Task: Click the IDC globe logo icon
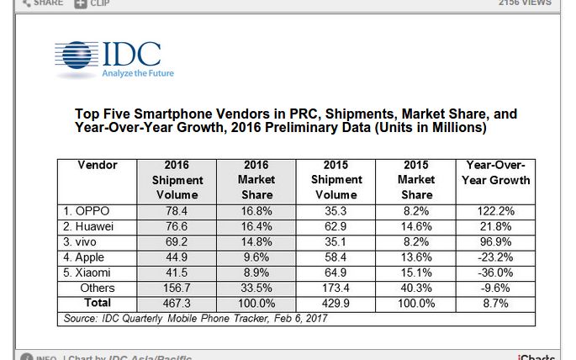(x=77, y=56)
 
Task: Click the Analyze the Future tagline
(x=137, y=74)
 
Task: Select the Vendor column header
(x=97, y=165)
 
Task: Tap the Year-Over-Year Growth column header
(x=496, y=172)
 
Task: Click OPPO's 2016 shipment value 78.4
(x=177, y=210)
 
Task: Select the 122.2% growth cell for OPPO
(x=496, y=210)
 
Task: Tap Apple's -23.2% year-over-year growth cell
(x=496, y=257)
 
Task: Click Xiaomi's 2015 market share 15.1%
(x=416, y=273)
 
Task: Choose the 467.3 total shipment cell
(x=177, y=303)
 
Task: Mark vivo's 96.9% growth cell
(x=496, y=241)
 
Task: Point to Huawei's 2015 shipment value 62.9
(x=336, y=226)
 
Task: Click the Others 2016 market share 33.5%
(x=256, y=288)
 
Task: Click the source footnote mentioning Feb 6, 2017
(x=195, y=318)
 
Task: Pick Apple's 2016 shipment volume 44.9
(x=177, y=257)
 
